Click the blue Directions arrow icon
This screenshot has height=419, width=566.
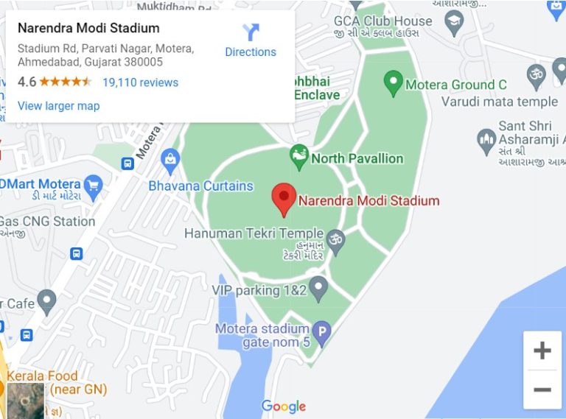coord(251,32)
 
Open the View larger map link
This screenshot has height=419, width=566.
coord(58,106)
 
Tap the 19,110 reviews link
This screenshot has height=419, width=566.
coord(140,82)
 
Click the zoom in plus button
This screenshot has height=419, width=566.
coord(542,351)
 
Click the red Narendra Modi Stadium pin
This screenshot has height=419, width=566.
coord(284,200)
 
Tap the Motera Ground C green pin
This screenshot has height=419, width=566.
coord(394,83)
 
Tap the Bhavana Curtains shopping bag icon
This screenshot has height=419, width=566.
coord(171,158)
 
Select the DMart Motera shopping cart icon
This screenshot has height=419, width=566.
coord(93,185)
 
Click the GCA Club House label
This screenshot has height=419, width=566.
coord(382,21)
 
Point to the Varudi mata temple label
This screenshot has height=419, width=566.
coord(501,102)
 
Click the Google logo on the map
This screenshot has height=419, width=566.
coord(284,406)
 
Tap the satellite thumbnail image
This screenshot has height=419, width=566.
coord(26,401)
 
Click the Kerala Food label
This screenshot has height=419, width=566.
coord(43,376)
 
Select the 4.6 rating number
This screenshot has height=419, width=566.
coord(27,82)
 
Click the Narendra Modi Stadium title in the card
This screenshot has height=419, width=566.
coord(88,29)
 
